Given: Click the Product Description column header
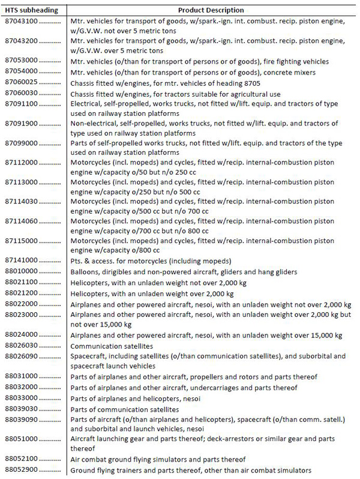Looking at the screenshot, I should [x=211, y=10].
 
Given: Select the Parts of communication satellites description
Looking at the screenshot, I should [x=122, y=409].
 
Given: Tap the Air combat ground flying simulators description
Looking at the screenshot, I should [x=158, y=459].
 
